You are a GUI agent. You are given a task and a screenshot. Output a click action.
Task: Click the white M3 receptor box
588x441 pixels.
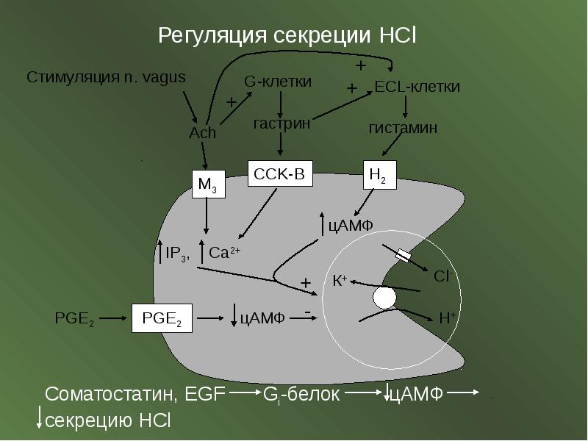point(209,184)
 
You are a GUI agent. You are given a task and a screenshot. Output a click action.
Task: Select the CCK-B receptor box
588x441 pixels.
point(280,173)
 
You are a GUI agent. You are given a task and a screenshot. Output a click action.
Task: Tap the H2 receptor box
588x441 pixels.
point(380,175)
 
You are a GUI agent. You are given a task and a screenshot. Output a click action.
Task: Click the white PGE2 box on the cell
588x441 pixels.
point(162,318)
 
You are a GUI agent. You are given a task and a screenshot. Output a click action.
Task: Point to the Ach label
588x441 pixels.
point(203,133)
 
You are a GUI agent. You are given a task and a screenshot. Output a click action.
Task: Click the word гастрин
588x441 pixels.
point(282,123)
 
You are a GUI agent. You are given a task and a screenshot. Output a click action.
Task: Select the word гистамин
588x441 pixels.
point(403,128)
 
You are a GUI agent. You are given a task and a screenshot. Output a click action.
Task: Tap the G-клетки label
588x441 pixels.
point(278,82)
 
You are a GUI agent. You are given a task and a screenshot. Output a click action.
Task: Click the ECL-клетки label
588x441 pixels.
point(417,87)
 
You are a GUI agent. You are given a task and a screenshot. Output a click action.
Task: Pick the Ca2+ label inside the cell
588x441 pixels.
point(224,252)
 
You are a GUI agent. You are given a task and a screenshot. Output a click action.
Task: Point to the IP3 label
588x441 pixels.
point(177,254)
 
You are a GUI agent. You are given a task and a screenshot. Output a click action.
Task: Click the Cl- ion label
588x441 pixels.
point(442,276)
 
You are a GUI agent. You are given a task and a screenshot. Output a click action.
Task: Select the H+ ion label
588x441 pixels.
point(448,318)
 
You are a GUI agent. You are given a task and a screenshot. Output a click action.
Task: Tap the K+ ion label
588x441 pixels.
point(340,281)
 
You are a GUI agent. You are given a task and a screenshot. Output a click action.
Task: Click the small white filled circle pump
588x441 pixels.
point(384,298)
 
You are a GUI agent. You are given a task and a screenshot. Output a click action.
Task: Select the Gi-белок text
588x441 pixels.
point(301,395)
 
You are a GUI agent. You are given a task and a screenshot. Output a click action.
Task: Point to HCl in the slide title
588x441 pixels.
point(398,35)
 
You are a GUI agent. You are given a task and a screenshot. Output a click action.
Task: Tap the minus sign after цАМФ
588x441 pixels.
point(307,312)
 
